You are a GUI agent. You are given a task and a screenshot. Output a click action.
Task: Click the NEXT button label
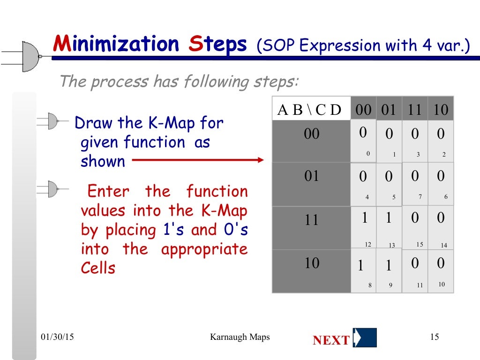[331, 340]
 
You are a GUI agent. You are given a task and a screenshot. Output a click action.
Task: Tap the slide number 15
[434, 337]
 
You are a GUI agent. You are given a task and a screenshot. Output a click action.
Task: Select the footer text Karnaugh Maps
[240, 337]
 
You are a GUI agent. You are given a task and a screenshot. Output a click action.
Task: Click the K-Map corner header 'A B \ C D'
[310, 110]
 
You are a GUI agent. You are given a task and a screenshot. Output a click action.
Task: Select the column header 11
[414, 110]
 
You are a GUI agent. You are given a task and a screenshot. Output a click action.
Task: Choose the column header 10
[441, 110]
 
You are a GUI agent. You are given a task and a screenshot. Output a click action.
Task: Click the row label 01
[312, 176]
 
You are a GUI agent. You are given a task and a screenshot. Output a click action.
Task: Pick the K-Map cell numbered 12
[364, 227]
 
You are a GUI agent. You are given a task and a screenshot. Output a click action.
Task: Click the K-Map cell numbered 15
[415, 227]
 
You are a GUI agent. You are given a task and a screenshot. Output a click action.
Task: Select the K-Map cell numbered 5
[389, 184]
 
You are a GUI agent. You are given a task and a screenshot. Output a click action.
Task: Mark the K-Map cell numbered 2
[441, 141]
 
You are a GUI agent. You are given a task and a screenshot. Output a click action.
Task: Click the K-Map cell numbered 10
[441, 271]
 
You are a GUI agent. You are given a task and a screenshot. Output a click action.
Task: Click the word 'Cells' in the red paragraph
[97, 269]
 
